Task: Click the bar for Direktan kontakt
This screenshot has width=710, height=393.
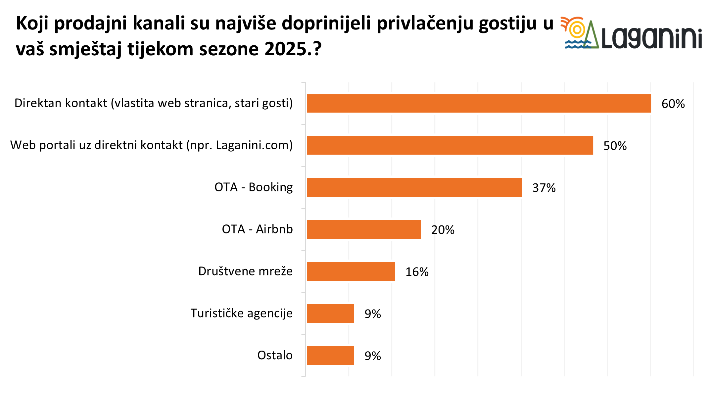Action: tap(478, 103)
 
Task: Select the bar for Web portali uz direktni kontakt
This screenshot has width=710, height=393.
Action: tap(450, 145)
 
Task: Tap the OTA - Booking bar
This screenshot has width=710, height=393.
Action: tap(414, 187)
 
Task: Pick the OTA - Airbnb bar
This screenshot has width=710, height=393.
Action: tap(363, 229)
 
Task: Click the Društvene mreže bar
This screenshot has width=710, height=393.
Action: tap(351, 271)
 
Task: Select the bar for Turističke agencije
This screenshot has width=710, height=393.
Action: tap(330, 313)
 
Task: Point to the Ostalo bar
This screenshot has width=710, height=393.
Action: tap(330, 355)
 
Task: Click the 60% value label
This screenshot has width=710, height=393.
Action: tap(673, 104)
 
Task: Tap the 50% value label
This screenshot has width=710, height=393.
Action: tap(615, 146)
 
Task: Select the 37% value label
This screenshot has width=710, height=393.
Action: tap(544, 188)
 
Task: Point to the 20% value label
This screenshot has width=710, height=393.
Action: tap(443, 230)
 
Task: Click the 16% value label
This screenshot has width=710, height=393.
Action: tap(417, 272)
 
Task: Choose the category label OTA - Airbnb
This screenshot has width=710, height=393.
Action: tap(257, 229)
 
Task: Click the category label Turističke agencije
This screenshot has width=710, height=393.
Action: tap(241, 313)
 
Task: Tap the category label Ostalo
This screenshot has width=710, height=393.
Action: tap(275, 355)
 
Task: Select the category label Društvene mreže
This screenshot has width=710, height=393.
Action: tap(245, 271)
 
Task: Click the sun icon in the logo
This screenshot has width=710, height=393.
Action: tap(577, 30)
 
